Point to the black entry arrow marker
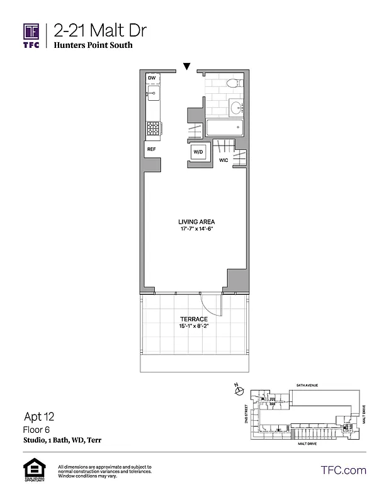tap(186, 66)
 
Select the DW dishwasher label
tap(152, 78)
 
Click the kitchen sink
tap(152, 95)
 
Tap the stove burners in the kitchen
tap(152, 128)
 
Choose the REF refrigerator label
tap(151, 149)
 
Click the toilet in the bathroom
tap(231, 83)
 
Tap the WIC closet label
tap(223, 161)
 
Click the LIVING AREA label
tap(196, 222)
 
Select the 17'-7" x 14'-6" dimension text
tap(196, 229)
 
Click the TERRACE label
tap(193, 320)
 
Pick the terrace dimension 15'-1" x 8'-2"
tap(193, 328)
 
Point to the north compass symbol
tap(237, 391)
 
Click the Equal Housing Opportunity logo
tap(31, 469)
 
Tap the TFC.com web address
tap(343, 470)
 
